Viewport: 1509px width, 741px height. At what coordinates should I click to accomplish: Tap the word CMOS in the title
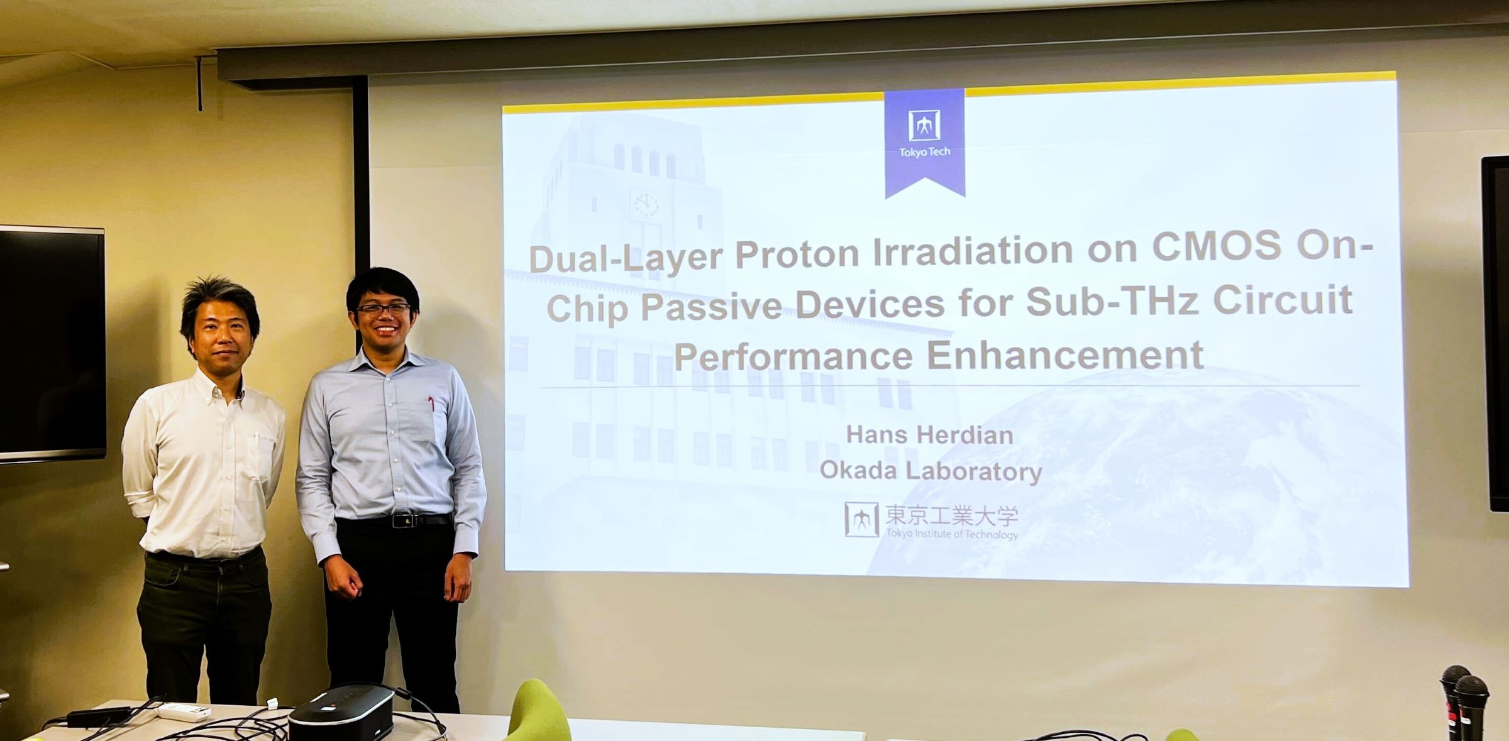[1216, 246]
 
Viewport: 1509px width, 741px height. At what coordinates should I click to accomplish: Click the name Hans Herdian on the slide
[929, 435]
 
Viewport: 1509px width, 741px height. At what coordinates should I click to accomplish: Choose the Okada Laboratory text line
[931, 471]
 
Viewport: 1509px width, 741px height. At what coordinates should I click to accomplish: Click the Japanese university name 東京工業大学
[951, 516]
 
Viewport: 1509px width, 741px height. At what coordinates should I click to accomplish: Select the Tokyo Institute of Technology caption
[952, 534]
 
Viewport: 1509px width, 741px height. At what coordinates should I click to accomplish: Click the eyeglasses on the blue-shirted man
[384, 309]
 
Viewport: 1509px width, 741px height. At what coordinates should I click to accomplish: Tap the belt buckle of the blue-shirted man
[406, 520]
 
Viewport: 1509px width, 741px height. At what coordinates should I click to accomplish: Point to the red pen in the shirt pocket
[432, 403]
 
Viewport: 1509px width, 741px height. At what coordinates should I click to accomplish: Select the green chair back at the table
[538, 710]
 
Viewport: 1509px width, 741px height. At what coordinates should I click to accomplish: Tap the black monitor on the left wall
[52, 344]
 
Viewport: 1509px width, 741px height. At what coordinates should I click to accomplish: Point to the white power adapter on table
[183, 711]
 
